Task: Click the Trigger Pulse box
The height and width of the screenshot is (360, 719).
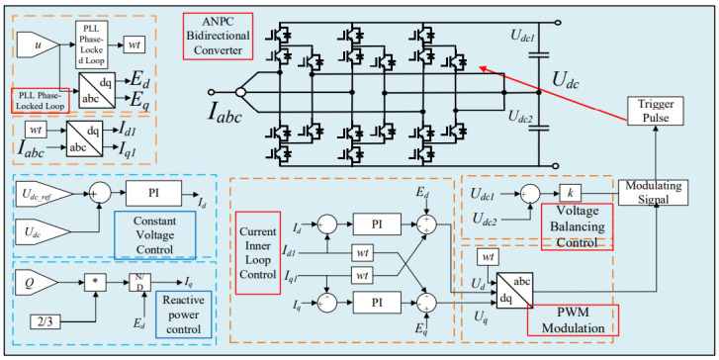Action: click(655, 111)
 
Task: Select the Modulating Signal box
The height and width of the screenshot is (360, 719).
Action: click(653, 192)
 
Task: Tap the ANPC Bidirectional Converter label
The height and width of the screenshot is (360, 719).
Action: click(218, 36)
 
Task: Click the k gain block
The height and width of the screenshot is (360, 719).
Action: click(570, 194)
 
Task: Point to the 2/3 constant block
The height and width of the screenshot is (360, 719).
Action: click(45, 322)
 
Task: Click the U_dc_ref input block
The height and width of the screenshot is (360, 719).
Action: click(45, 194)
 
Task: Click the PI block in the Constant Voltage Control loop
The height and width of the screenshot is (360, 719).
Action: click(153, 193)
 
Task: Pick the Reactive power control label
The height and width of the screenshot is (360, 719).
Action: click(184, 315)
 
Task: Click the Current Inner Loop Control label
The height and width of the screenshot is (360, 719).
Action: click(258, 252)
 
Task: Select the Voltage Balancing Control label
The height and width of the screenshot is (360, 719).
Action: click(577, 226)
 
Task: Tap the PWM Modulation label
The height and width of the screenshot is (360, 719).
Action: click(573, 320)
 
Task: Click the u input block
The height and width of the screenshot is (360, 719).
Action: click(38, 45)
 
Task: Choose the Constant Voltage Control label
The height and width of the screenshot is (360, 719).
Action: click(154, 235)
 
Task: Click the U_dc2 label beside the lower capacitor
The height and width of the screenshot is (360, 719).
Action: click(521, 117)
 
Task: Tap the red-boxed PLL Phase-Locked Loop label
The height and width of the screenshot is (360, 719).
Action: click(40, 101)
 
